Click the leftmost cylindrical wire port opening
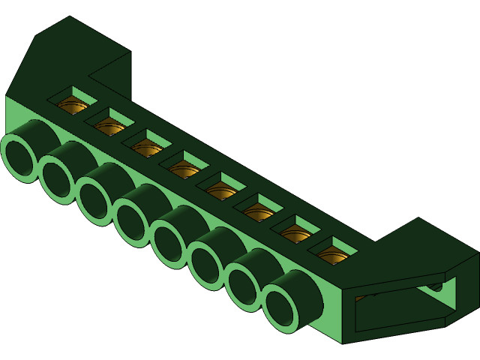(19, 158)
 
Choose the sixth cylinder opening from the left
(205, 265)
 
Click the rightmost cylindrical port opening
(279, 308)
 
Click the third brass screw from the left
(147, 148)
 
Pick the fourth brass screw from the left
(184, 170)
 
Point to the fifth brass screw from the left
(221, 192)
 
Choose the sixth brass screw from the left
(259, 214)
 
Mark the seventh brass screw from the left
(295, 235)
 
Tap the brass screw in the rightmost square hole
(332, 256)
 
